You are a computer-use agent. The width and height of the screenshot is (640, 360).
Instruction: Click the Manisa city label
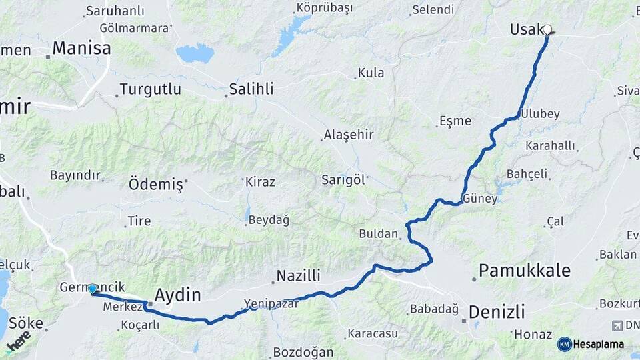click(81, 48)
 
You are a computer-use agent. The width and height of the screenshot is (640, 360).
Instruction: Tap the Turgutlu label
click(150, 89)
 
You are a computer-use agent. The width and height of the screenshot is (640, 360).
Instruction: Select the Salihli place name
click(251, 89)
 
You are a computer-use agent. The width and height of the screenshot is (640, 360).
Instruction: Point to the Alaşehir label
click(348, 135)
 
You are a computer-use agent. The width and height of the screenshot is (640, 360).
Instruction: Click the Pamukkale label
click(525, 270)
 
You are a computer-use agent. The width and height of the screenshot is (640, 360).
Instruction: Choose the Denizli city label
click(497, 311)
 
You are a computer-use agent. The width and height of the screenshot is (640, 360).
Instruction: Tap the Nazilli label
click(298, 275)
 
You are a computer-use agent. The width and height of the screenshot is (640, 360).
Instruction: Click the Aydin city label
click(177, 295)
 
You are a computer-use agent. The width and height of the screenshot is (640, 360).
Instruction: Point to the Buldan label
click(378, 234)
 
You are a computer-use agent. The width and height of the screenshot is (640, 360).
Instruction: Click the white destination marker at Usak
click(548, 29)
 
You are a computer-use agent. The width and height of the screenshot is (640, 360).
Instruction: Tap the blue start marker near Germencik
click(93, 289)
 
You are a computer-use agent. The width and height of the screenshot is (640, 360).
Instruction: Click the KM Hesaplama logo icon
click(565, 344)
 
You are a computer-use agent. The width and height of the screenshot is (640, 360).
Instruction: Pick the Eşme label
click(455, 121)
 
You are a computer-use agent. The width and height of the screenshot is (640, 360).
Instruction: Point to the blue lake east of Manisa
click(195, 53)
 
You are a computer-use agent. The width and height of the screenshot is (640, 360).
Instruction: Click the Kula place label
click(371, 73)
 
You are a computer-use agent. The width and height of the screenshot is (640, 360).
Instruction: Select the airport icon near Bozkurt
click(617, 325)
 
